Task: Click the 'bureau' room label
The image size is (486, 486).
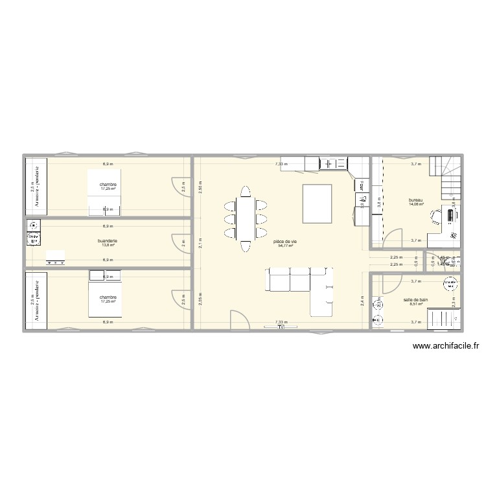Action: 415,200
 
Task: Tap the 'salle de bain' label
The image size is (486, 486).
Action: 415,300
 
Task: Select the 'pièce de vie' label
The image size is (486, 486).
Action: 284,242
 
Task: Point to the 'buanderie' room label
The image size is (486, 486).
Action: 108,241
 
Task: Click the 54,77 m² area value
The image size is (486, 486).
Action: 285,246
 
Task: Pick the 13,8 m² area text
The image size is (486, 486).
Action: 108,246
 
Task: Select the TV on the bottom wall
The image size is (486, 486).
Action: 281,327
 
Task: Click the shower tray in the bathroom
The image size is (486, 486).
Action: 447,318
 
